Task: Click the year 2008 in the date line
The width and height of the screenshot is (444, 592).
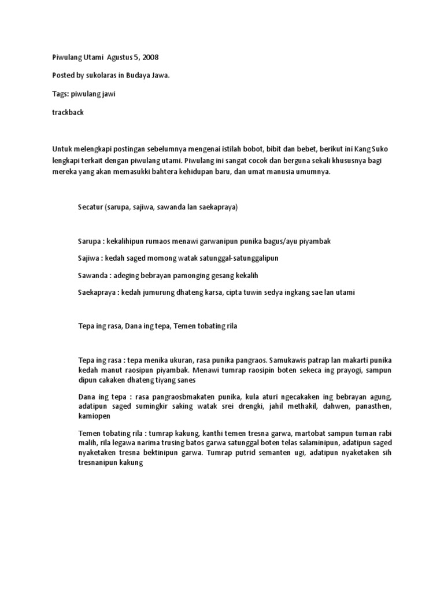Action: tap(149, 57)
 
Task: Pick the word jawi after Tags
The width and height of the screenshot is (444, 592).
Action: tap(106, 94)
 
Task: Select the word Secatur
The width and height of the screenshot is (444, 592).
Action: tap(90, 207)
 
